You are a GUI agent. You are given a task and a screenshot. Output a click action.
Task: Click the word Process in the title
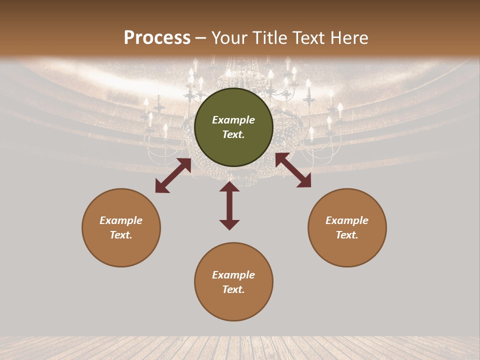[157, 38]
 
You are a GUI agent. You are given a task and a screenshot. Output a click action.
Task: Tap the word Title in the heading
[267, 38]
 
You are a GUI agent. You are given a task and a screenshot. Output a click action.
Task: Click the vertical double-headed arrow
[229, 205]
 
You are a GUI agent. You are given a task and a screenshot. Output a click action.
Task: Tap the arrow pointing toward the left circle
[173, 175]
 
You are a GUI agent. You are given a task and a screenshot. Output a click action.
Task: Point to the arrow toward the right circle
[293, 170]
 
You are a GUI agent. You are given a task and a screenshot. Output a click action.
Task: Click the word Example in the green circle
[233, 120]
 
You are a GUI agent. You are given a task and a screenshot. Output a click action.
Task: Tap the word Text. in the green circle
[233, 134]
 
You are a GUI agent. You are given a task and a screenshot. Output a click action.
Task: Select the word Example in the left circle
[121, 220]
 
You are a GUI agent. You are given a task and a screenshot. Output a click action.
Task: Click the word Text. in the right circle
[347, 235]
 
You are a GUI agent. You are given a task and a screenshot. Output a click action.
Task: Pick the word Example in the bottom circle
[233, 275]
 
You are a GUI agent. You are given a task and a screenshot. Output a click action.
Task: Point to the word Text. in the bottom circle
[233, 289]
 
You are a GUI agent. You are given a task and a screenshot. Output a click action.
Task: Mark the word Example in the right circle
[347, 220]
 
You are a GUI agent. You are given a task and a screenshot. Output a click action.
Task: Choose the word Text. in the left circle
[121, 235]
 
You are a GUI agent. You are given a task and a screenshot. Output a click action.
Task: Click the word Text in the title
[308, 38]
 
